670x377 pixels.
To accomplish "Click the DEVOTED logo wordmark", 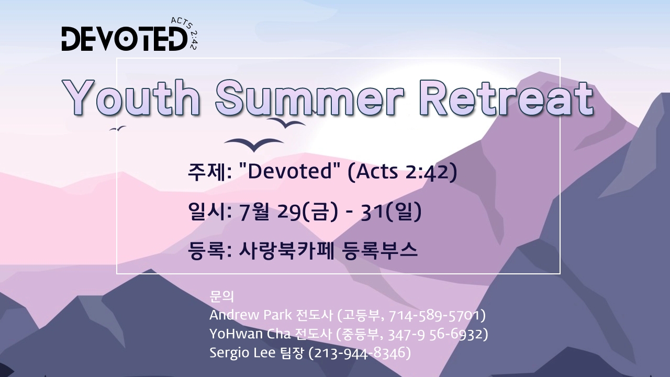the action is [125, 39].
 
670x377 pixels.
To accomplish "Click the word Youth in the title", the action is [131, 97].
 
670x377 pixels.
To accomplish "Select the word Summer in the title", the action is [309, 97].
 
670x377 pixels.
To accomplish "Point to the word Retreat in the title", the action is [506, 97].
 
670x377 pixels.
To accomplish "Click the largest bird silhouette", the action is [254, 145].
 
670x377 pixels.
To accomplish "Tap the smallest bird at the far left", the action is [117, 129].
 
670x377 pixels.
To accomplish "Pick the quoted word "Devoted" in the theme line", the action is [290, 171].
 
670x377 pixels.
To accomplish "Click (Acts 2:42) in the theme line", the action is [403, 172].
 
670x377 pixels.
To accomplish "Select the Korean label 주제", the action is [206, 172].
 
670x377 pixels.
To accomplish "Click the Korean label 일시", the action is [206, 212].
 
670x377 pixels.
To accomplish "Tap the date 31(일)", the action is [391, 212].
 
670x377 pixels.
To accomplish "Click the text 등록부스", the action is [380, 251].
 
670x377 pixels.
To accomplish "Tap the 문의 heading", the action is [221, 296].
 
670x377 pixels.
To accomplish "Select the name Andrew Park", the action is [251, 315].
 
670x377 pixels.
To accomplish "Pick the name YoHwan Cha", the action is [250, 334].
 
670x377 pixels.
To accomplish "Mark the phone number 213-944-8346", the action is [359, 353].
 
